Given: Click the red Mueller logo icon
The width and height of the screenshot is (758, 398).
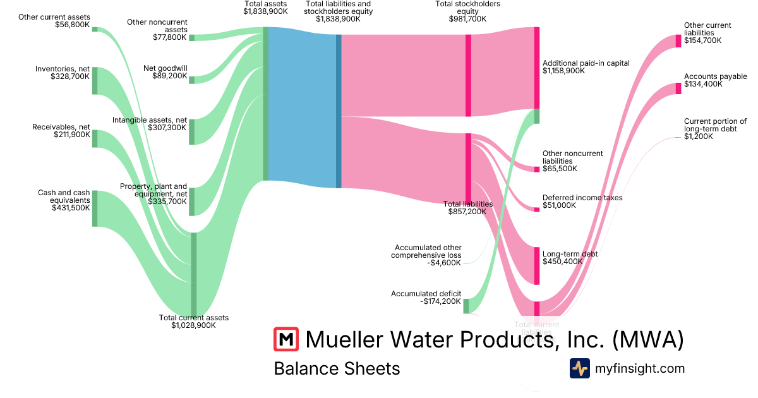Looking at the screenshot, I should [x=286, y=339].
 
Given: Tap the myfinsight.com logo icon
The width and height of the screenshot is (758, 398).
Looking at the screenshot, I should [x=579, y=368].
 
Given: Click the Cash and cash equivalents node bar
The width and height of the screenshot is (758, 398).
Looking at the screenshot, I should [x=95, y=208].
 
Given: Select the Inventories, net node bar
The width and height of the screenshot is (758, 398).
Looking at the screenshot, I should [x=95, y=80].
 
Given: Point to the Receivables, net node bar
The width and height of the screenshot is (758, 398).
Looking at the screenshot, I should [x=95, y=138].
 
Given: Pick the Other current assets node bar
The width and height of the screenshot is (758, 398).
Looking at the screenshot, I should [x=95, y=29].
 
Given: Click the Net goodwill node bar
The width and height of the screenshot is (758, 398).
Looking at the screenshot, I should [x=192, y=80].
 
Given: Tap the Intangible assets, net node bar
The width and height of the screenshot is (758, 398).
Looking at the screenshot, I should [x=192, y=131].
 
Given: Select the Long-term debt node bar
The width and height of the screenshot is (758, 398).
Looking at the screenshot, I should [x=537, y=266].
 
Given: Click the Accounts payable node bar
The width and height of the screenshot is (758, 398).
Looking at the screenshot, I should [x=678, y=88].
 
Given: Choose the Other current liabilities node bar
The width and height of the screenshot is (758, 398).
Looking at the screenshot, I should [x=678, y=40].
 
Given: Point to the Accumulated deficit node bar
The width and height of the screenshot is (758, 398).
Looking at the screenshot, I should [x=466, y=306].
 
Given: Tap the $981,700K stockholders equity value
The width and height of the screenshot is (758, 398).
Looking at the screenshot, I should [x=467, y=19].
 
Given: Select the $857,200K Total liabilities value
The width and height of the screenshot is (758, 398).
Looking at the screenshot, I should [x=467, y=212].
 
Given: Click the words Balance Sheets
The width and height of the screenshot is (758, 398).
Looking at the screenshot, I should [x=337, y=368].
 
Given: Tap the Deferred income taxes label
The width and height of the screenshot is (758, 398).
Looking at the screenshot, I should [x=582, y=198].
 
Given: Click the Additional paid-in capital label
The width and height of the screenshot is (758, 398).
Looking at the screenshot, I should [x=586, y=63].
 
